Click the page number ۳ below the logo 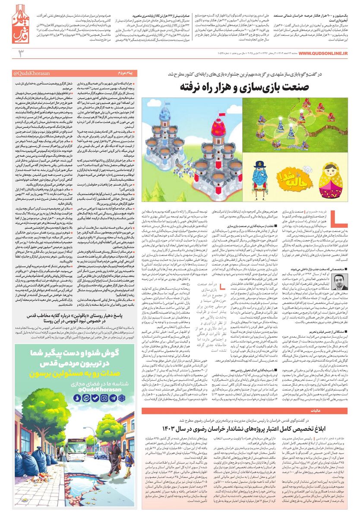tap(19, 53)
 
